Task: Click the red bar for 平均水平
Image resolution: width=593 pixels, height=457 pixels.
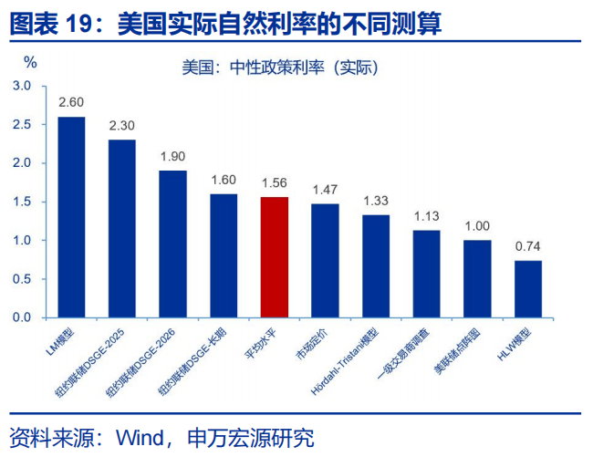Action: coord(275,257)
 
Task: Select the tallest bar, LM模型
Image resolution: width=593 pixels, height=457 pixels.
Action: coord(71,217)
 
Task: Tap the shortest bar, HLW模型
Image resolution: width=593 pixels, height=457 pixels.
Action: coord(528,289)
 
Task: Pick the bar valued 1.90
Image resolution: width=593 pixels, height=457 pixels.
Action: coord(172,244)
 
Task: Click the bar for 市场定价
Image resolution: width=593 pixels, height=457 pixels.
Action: coord(325,261)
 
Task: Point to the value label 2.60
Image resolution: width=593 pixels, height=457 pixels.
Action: coord(71,102)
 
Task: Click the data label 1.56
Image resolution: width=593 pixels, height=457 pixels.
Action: coord(275,182)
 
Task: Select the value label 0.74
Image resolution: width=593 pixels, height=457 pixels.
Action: coord(528,246)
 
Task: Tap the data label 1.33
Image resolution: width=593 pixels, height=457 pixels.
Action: coord(376,201)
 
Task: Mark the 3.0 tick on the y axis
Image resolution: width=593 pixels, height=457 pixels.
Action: coord(22,86)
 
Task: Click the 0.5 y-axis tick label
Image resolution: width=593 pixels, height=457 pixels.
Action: coord(22,279)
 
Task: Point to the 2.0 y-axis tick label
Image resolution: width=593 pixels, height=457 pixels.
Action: coord(22,163)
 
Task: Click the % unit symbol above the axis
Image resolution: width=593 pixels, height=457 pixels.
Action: coord(30,63)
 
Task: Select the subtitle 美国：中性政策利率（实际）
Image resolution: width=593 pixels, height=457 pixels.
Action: coord(279,68)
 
